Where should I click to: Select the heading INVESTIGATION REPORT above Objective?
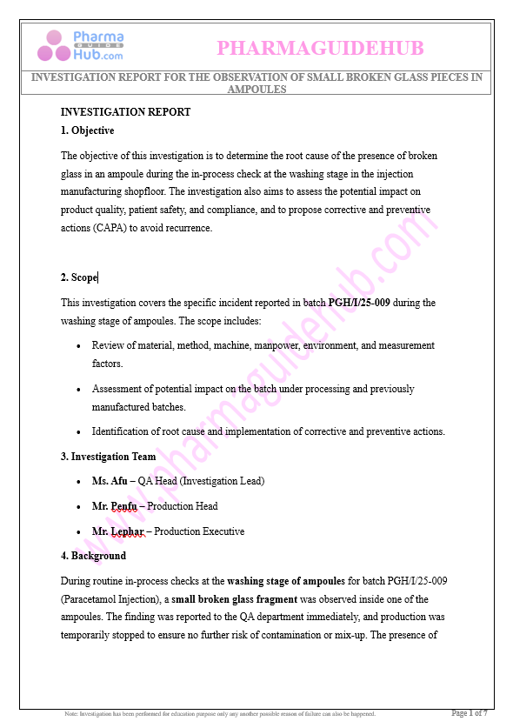125,112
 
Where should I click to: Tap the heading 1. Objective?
87,130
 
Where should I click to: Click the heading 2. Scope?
79,277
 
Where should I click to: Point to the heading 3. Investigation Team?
108,457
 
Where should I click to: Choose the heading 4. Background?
93,556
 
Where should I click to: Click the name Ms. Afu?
109,481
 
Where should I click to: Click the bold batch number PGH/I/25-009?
359,303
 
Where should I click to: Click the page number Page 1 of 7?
469,713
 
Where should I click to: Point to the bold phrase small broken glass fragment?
234,599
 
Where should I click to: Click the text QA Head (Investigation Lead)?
201,481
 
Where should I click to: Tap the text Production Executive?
199,531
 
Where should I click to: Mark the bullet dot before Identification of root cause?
79,432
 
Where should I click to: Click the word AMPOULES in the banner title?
256,89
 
